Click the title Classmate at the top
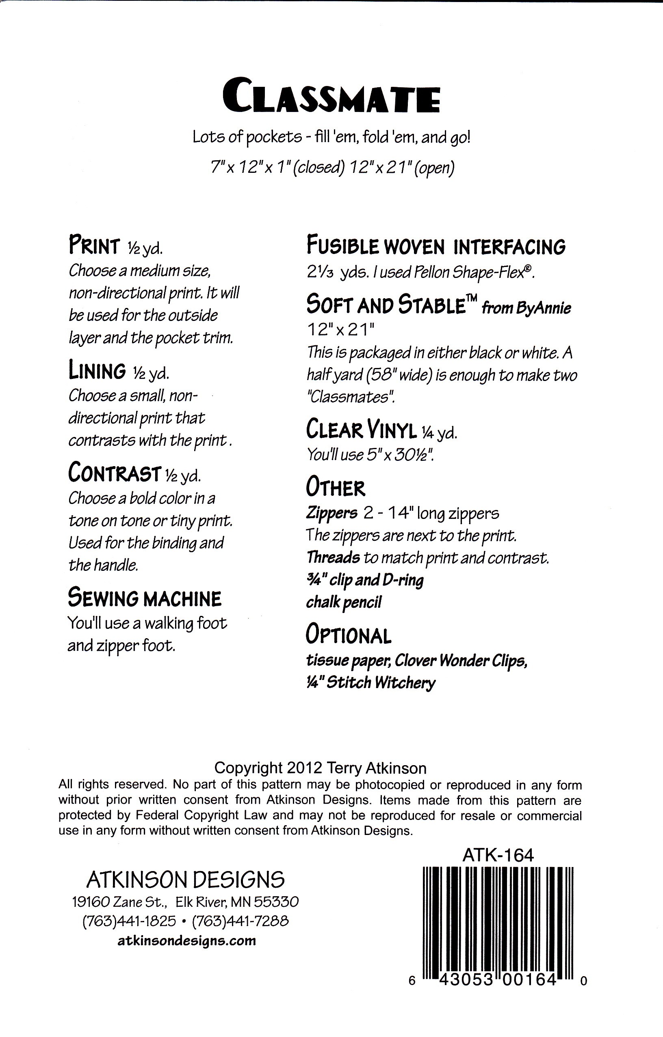tap(331, 100)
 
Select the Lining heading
tap(97, 371)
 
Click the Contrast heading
tap(115, 472)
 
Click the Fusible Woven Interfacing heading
tap(436, 246)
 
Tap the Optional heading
tap(348, 635)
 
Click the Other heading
tap(336, 488)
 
